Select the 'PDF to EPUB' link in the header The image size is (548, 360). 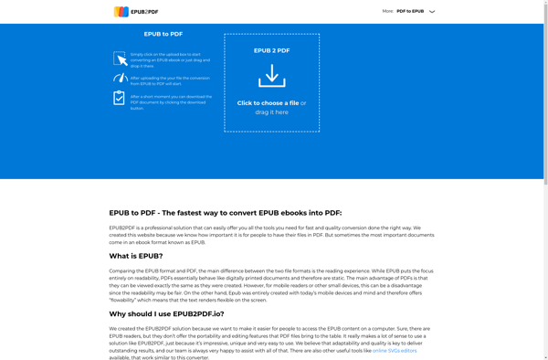[410, 12]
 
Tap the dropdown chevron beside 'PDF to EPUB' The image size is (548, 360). [432, 12]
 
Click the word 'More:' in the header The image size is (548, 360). [388, 12]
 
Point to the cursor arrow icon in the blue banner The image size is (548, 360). [120, 58]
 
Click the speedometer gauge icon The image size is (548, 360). [120, 79]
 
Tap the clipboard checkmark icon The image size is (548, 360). [120, 98]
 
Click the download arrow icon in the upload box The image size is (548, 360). [271, 76]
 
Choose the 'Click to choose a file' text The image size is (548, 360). [268, 103]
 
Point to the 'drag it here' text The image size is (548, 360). [271, 112]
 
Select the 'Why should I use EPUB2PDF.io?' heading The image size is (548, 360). [166, 313]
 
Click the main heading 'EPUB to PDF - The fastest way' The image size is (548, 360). [225, 212]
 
